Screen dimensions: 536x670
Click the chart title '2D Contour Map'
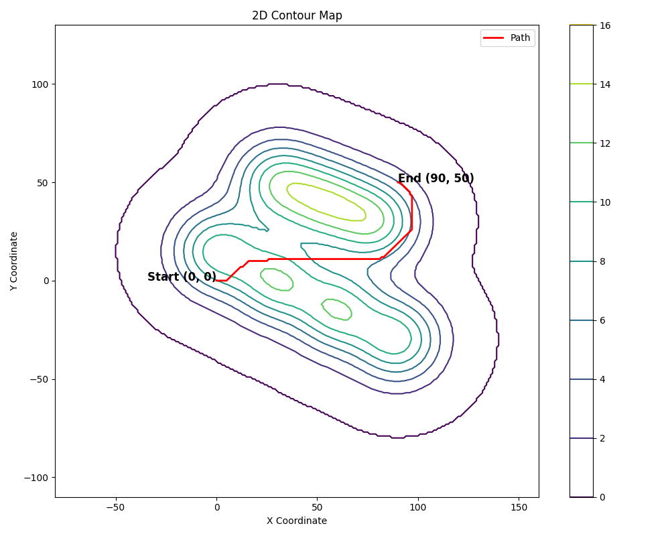click(x=297, y=15)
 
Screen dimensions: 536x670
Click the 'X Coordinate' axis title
click(x=297, y=521)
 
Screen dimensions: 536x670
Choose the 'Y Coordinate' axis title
click(x=14, y=261)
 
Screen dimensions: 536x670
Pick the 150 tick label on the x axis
click(x=519, y=507)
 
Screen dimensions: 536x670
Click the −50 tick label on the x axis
click(x=115, y=507)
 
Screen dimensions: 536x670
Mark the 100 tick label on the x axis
click(x=418, y=507)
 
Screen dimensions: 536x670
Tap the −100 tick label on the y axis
click(x=37, y=478)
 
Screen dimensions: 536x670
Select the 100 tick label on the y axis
click(x=42, y=84)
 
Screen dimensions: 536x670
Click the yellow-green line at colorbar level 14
click(x=581, y=84)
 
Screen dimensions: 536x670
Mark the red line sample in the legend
click(x=494, y=38)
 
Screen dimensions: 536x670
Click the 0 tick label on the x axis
click(x=216, y=507)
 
